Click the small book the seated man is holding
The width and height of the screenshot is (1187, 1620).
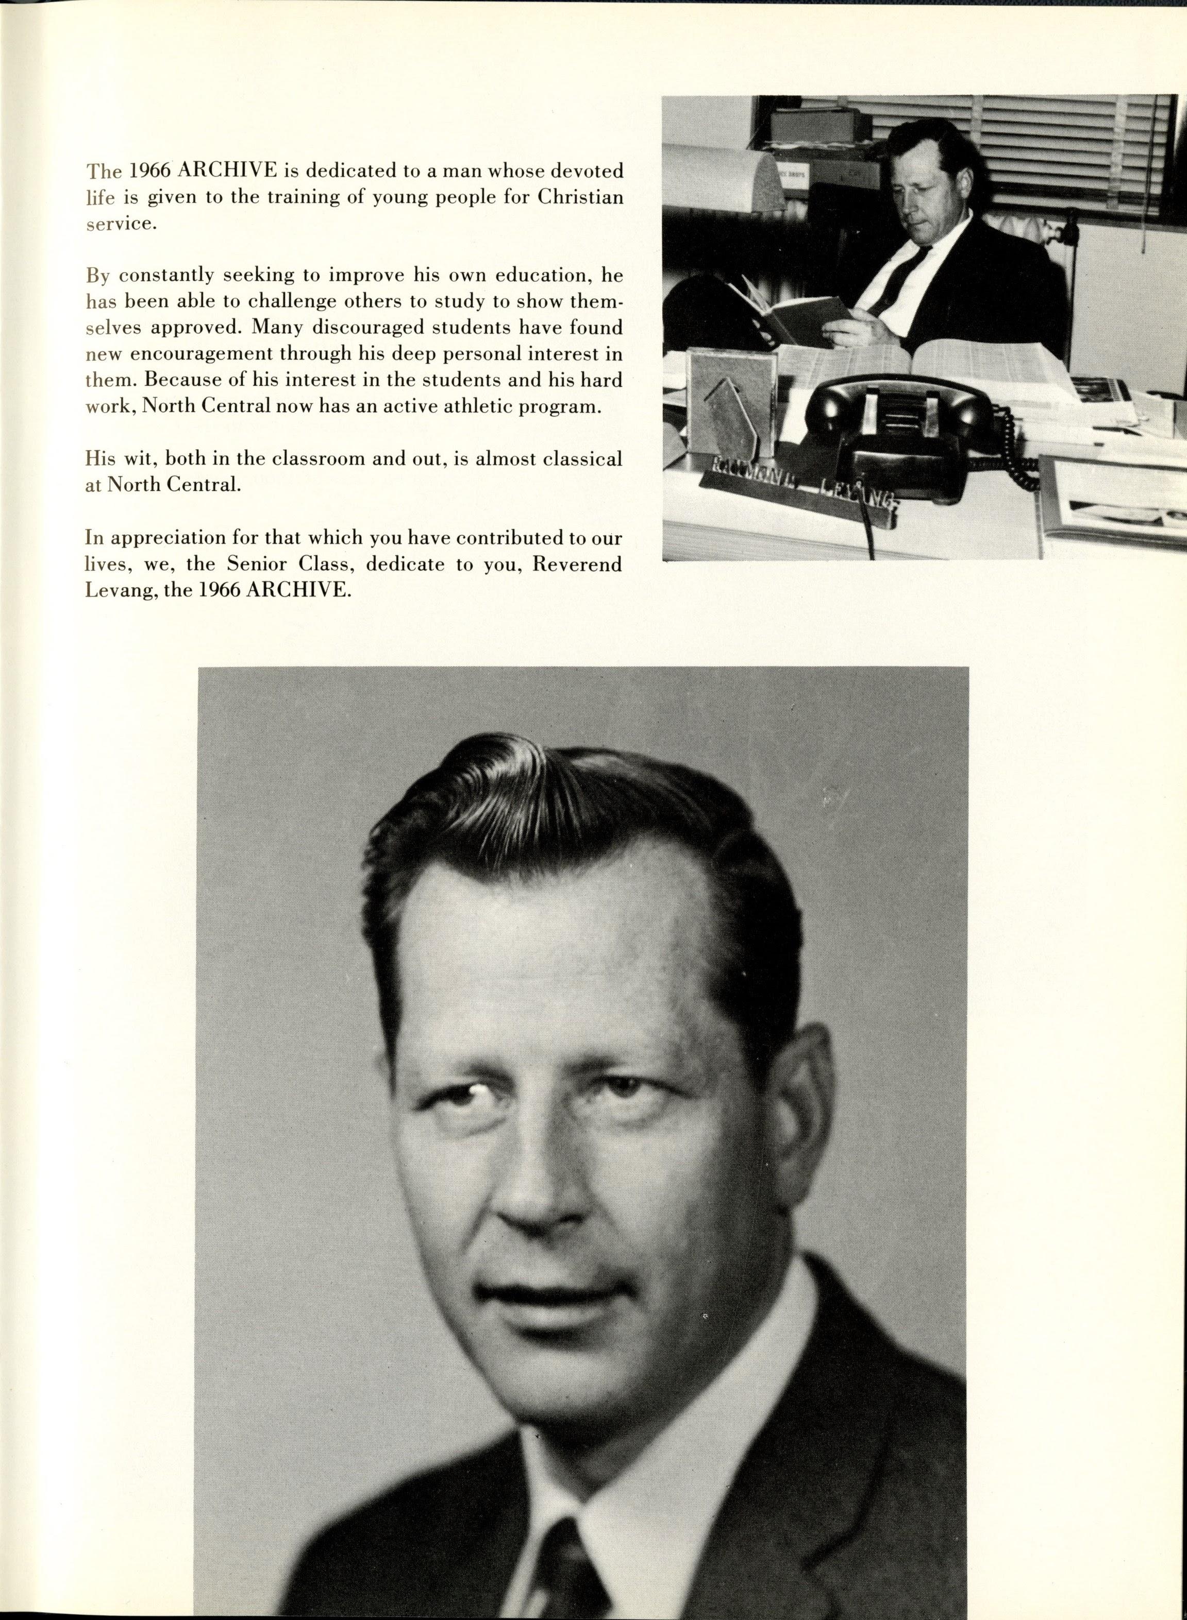click(x=783, y=316)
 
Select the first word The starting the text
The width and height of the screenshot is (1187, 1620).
click(x=102, y=171)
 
